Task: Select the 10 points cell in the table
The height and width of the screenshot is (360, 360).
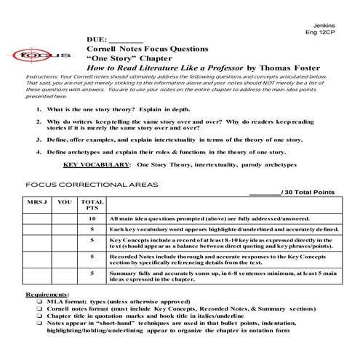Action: point(92,218)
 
